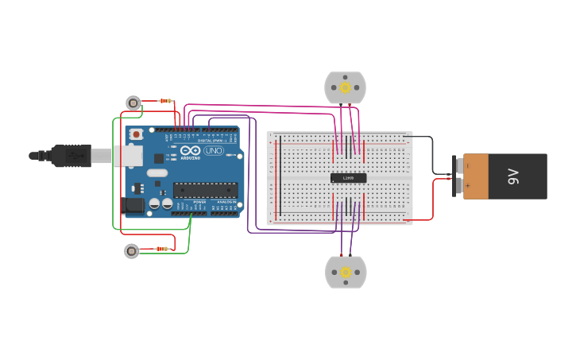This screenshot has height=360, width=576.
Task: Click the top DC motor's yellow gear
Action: [x=345, y=87]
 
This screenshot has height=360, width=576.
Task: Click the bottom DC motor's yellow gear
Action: [x=346, y=273]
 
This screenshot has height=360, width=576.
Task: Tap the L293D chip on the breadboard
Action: [x=348, y=178]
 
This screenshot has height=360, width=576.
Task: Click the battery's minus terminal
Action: [x=458, y=165]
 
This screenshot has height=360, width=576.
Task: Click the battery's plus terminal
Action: [x=458, y=186]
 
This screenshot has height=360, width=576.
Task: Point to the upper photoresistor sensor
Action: [x=133, y=103]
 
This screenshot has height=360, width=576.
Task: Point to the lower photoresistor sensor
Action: [x=132, y=251]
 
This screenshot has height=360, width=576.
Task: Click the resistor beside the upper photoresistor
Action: [x=165, y=101]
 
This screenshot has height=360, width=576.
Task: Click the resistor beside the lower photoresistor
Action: [x=162, y=249]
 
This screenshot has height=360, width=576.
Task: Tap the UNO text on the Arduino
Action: [x=214, y=150]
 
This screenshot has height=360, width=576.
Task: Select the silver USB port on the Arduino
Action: [x=127, y=156]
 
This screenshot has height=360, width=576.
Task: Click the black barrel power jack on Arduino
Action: [x=134, y=205]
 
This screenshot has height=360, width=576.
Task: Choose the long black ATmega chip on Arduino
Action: [x=205, y=190]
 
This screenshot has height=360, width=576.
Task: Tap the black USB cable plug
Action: [x=72, y=156]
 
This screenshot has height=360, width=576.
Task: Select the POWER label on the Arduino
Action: [x=199, y=202]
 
